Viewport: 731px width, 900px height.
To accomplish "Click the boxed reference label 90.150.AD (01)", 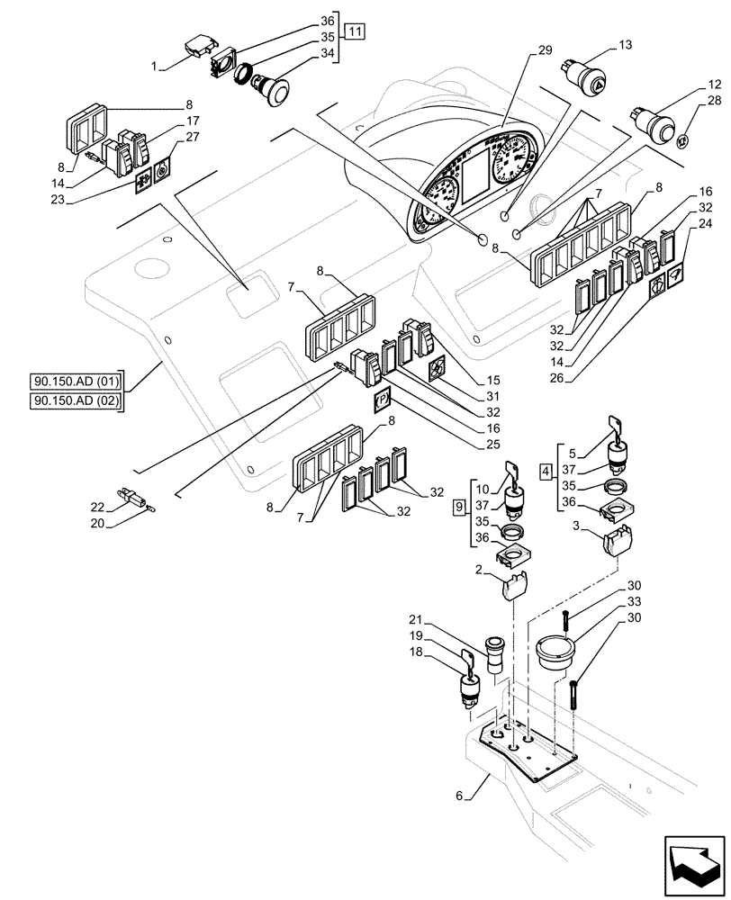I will click(x=79, y=377).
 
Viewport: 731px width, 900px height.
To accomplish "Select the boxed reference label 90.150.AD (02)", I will click(x=79, y=399).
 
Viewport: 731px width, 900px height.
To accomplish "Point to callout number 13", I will click(x=626, y=45).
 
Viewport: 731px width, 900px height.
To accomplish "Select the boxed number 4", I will click(x=546, y=470).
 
